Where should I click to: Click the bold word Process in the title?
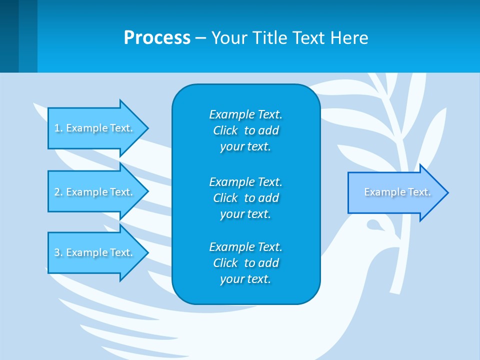point(157,38)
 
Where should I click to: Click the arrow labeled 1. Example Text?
point(95,128)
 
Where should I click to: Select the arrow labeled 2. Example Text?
point(95,192)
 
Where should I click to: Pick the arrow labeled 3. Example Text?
point(95,252)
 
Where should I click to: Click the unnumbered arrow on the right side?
point(395,192)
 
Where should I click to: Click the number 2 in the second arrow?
point(57,192)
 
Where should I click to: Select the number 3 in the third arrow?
point(57,252)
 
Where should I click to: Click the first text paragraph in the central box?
point(245,130)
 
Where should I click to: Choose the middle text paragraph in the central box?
point(245,197)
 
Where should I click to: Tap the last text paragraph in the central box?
point(245,263)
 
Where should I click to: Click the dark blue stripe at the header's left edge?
point(9,36)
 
